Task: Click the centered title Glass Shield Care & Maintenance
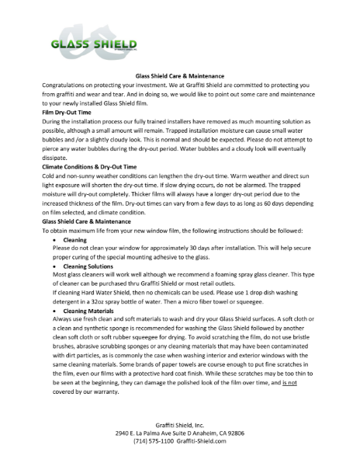(x=179, y=77)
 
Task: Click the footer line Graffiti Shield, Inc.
(x=179, y=424)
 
